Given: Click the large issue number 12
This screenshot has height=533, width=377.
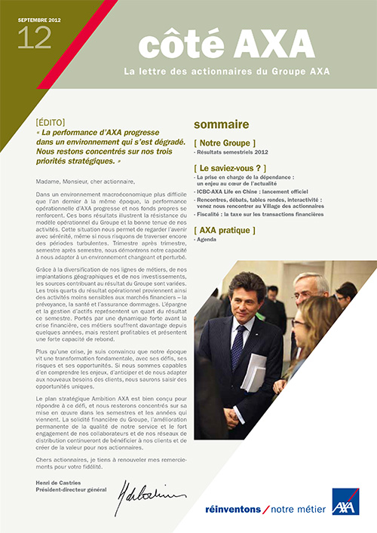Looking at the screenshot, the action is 33,37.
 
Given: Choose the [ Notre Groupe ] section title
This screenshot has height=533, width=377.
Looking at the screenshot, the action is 225,142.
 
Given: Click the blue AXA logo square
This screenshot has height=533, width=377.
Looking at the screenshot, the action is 345,501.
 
